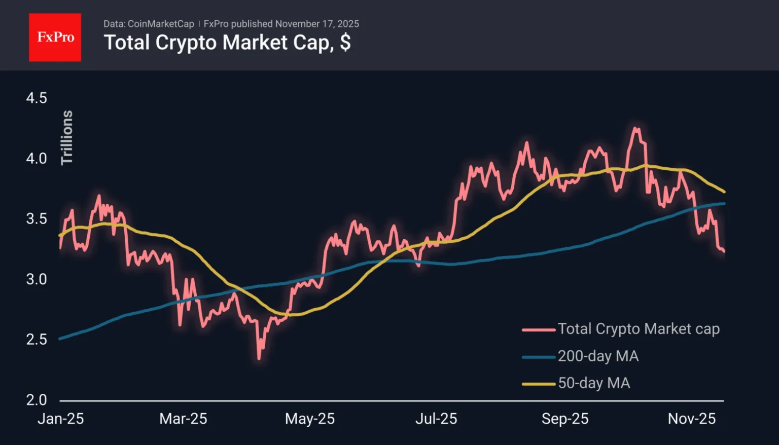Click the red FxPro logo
click(55, 38)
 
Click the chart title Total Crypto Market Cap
click(227, 43)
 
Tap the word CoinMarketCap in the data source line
click(161, 24)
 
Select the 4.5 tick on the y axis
click(37, 98)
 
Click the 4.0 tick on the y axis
click(37, 159)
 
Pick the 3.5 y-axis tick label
click(37, 219)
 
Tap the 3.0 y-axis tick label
click(37, 279)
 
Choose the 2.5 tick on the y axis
click(37, 340)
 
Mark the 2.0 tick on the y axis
click(37, 400)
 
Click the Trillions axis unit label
click(67, 137)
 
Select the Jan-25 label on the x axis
click(60, 419)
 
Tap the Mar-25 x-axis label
click(183, 419)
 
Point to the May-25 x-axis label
click(309, 419)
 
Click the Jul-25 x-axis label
click(436, 419)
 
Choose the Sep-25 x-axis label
click(564, 419)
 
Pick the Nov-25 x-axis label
click(691, 419)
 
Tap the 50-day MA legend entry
click(593, 383)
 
